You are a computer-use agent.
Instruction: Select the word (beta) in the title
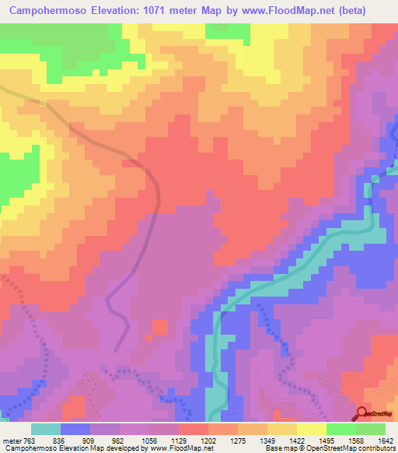click(x=368, y=9)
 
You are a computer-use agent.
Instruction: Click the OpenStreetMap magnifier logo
click(x=362, y=415)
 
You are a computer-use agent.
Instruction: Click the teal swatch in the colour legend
click(x=46, y=429)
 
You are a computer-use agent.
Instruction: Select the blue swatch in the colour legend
click(x=75, y=429)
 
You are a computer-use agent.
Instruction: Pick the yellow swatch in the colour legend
click(x=312, y=429)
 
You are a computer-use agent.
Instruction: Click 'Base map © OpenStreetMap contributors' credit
click(x=328, y=448)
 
